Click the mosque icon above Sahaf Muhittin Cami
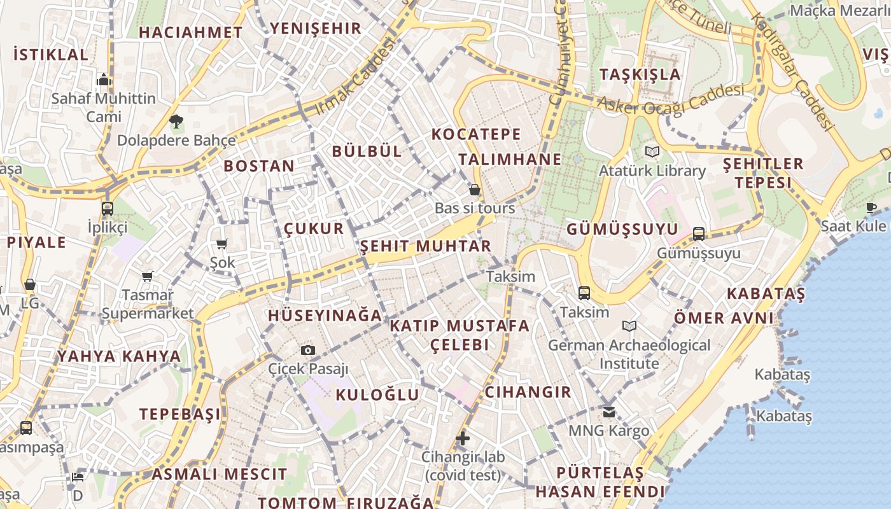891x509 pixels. (x=104, y=80)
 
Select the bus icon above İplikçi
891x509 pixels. (x=108, y=208)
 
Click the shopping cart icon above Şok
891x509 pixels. (x=222, y=244)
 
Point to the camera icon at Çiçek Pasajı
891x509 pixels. (x=308, y=350)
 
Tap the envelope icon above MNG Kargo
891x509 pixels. (x=609, y=412)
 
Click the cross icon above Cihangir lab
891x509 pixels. (x=463, y=438)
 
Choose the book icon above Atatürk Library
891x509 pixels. (x=652, y=151)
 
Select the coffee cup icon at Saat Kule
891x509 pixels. (x=871, y=207)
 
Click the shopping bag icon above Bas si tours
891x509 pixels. (x=474, y=190)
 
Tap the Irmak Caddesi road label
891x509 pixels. (x=355, y=78)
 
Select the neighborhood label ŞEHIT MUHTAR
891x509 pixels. (x=426, y=246)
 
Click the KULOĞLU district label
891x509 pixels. (x=377, y=394)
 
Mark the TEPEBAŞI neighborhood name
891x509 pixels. (x=181, y=414)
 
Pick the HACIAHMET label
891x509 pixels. (x=190, y=32)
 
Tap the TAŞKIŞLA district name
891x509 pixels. (x=640, y=74)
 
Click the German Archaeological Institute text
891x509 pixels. (x=629, y=354)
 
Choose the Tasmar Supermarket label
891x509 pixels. (x=148, y=304)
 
